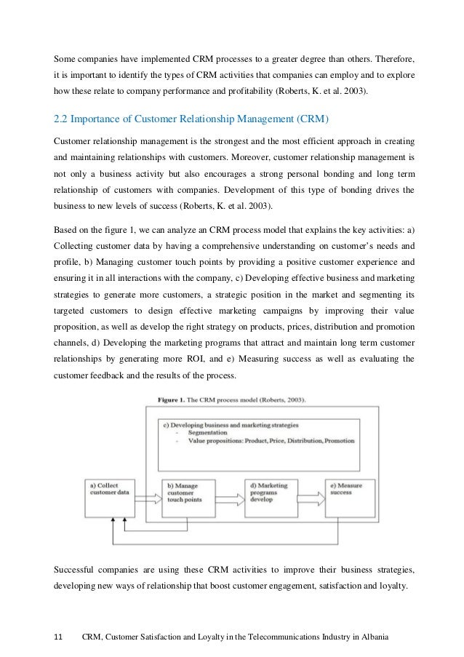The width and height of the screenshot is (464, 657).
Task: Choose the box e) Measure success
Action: (x=350, y=487)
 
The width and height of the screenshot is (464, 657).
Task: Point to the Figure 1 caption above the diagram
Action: (x=232, y=399)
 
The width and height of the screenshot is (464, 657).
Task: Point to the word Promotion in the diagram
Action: (x=340, y=441)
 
